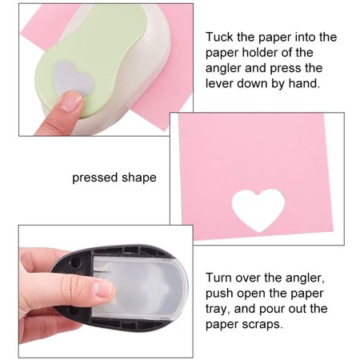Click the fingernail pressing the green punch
pyautogui.click(x=70, y=102)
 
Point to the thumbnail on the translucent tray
pyautogui.click(x=106, y=290)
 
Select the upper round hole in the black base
pyautogui.click(x=76, y=262)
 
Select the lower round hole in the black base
pyautogui.click(x=73, y=311)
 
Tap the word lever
pyautogui.click(x=219, y=83)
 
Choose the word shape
pyautogui.click(x=139, y=178)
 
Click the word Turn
pyautogui.click(x=218, y=278)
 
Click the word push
pyautogui.click(x=219, y=294)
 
